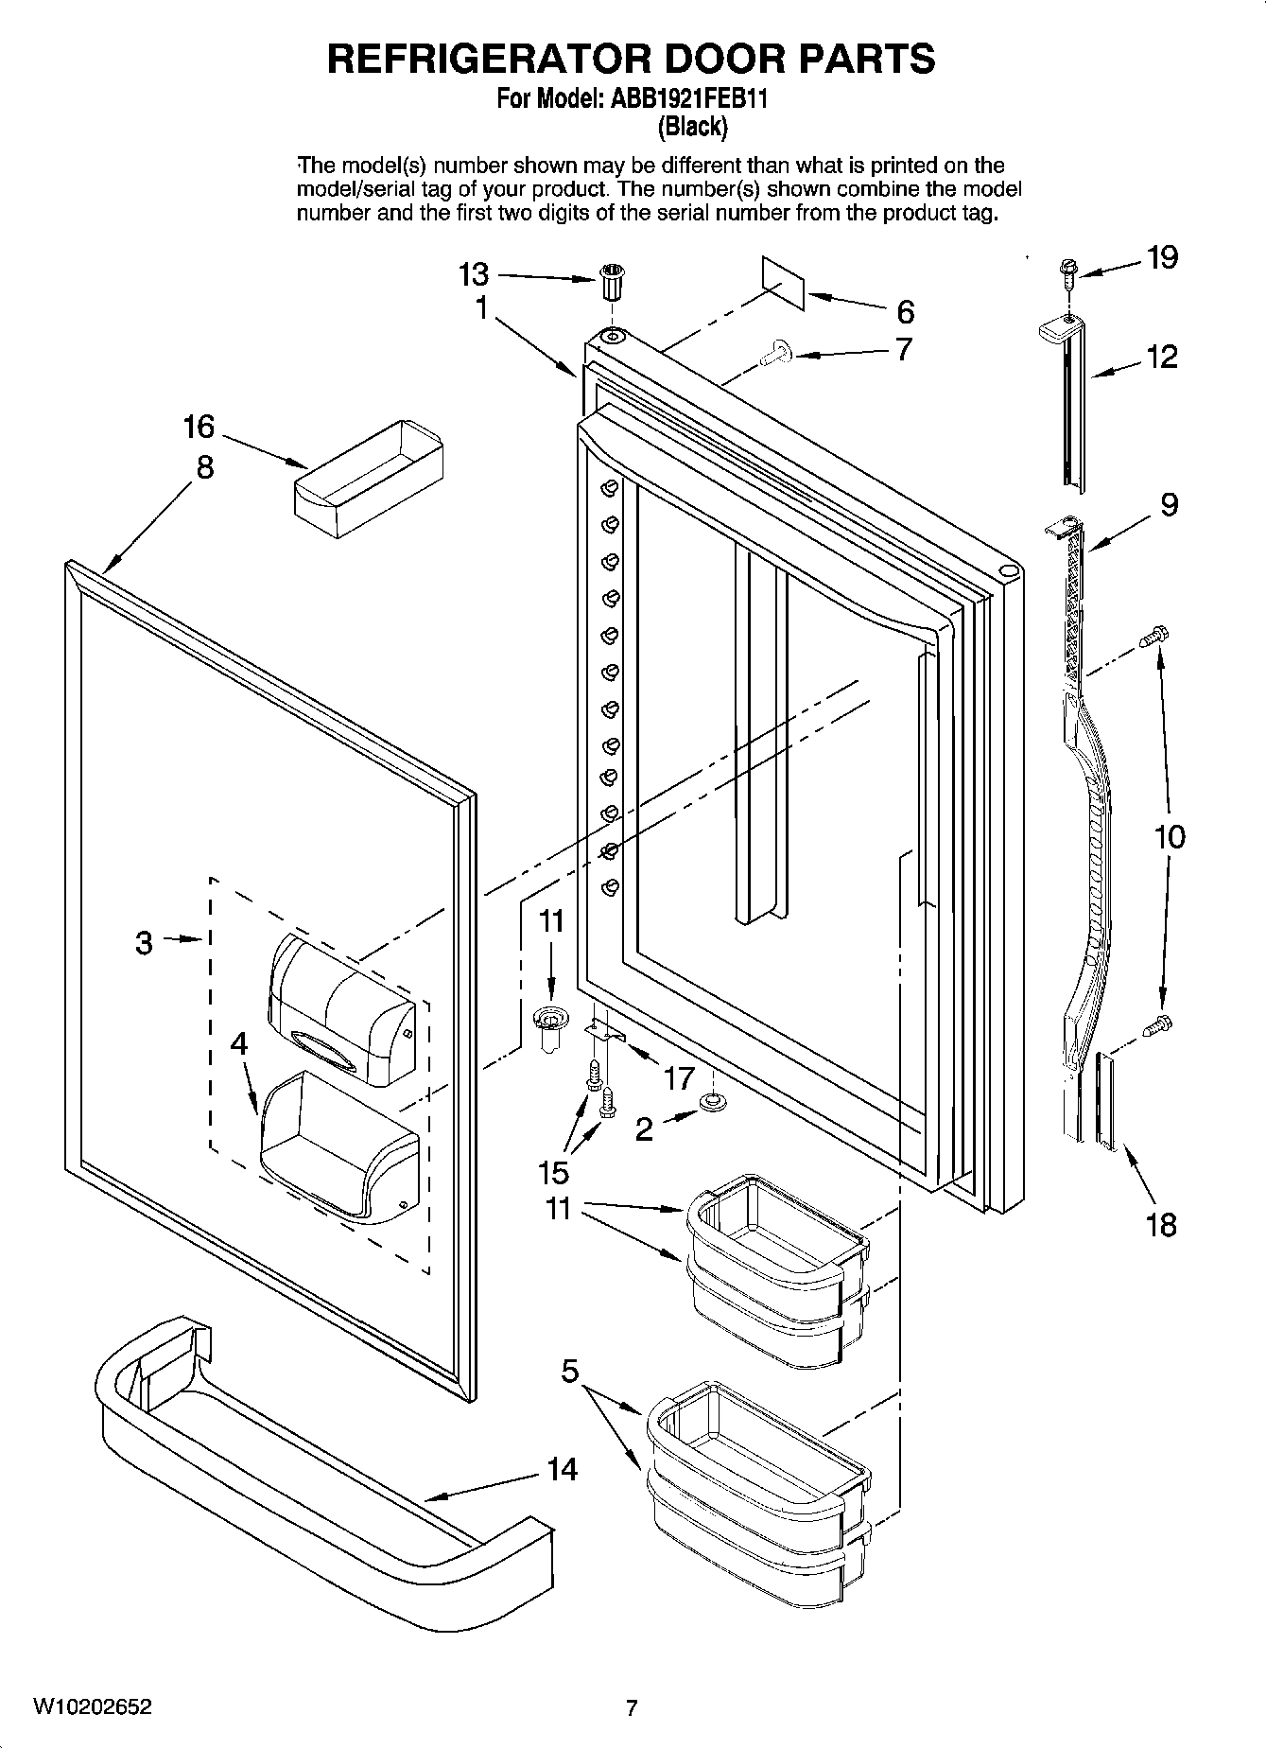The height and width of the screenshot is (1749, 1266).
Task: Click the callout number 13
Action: [474, 274]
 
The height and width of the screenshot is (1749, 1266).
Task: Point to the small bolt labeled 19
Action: [1067, 273]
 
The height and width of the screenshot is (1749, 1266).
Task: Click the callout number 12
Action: [1162, 357]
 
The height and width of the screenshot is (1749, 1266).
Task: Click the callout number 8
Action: [205, 467]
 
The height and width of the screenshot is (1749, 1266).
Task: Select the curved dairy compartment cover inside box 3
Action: [340, 1007]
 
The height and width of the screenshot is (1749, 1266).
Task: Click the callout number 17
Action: [679, 1077]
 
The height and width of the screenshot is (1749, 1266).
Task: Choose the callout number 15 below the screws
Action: [553, 1172]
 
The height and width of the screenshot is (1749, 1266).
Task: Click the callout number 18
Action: [1161, 1225]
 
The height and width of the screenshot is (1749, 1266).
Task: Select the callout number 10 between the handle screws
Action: [1169, 836]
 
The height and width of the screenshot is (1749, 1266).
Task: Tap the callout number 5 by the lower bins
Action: [569, 1371]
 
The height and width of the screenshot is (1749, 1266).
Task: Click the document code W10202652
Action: [92, 1707]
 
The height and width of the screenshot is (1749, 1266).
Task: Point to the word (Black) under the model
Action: [692, 125]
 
